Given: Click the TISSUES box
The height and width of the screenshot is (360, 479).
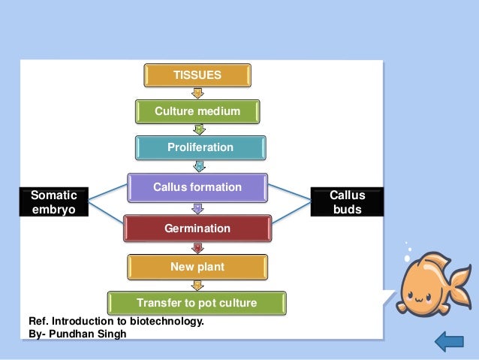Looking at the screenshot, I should tap(197, 75).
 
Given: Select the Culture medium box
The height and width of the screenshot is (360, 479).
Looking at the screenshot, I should tap(197, 111).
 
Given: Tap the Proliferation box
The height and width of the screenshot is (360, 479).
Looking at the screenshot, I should tap(200, 147).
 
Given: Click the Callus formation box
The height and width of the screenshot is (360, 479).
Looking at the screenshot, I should tap(197, 187).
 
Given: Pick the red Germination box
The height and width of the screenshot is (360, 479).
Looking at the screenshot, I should tap(197, 228).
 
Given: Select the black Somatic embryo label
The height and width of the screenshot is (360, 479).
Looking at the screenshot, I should tap(54, 202).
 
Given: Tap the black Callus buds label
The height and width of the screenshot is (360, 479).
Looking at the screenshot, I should tap(347, 202).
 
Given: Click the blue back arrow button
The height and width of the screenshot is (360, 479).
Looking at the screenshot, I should tap(448, 343).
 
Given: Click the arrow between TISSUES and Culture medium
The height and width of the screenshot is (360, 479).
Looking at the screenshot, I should tap(197, 93).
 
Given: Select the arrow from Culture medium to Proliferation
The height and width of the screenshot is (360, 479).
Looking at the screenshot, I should tap(199, 129).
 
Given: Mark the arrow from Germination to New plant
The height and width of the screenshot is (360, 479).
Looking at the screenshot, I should tap(197, 247).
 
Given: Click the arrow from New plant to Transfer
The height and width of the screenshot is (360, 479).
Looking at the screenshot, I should tap(197, 285).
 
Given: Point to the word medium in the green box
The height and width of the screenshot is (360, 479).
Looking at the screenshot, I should tap(219, 111).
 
